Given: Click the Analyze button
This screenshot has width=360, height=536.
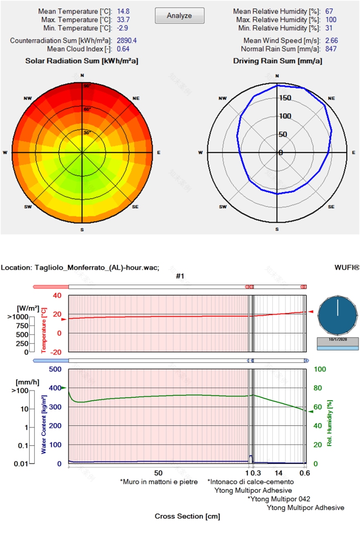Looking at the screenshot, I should click(x=179, y=16).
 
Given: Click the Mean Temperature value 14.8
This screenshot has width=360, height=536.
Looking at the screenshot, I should click(x=123, y=11).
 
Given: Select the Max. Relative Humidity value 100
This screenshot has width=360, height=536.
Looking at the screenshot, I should click(x=331, y=20).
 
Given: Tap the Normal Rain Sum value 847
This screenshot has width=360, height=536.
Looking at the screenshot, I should click(x=331, y=49).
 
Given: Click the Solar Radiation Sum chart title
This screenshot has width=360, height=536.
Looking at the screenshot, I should click(x=82, y=61).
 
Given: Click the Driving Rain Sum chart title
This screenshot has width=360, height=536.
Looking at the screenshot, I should click(x=277, y=61).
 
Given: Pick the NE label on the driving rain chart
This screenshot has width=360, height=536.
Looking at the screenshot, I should click(x=331, y=99).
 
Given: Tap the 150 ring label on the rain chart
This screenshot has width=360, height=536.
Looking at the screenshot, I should click(x=285, y=98).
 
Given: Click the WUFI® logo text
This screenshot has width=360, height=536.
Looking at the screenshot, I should click(x=346, y=268).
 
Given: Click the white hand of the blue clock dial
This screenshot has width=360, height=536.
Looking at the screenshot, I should click(x=337, y=307).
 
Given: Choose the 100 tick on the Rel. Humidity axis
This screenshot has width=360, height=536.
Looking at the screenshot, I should click(x=320, y=369).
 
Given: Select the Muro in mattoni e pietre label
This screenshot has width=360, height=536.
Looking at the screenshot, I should click(x=159, y=482).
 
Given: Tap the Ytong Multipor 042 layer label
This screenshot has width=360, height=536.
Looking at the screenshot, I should click(x=279, y=499).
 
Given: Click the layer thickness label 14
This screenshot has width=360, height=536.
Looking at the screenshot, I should click(x=279, y=473).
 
